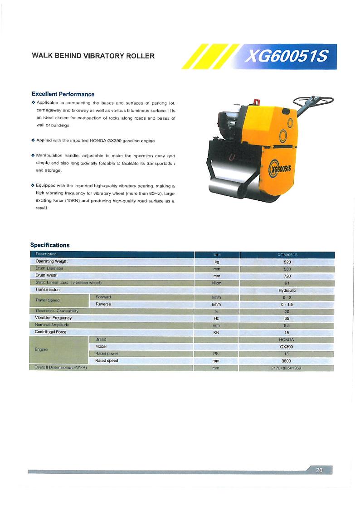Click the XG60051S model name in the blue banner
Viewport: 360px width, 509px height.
(x=285, y=56)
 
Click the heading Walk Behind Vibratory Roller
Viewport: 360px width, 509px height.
(x=93, y=56)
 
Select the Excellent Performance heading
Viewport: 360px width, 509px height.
(x=63, y=94)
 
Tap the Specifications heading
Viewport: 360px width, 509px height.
(x=50, y=245)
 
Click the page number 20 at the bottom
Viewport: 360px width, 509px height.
(x=319, y=470)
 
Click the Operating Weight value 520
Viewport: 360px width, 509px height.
(x=287, y=262)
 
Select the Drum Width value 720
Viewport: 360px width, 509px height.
(x=287, y=276)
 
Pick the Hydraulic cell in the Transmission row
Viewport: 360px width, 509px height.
(x=287, y=290)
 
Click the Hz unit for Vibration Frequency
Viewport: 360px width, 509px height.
(x=216, y=318)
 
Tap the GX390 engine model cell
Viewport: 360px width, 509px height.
(x=287, y=346)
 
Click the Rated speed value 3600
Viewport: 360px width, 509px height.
(x=287, y=361)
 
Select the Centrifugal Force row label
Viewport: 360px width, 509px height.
(x=51, y=332)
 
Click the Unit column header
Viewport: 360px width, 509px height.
(x=216, y=254)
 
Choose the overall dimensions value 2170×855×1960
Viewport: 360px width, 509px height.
(x=287, y=368)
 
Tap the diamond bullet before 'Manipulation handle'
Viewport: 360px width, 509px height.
(x=33, y=155)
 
